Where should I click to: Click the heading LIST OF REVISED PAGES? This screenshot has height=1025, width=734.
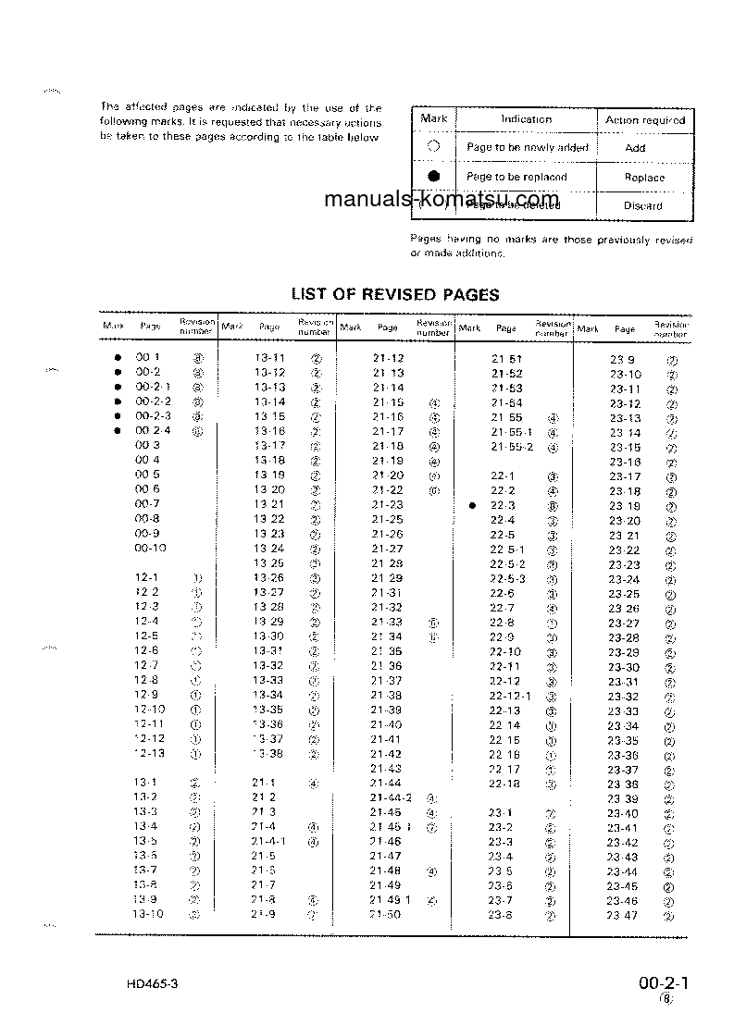pyautogui.click(x=395, y=295)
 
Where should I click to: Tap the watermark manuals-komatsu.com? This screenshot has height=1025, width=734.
pyautogui.click(x=442, y=199)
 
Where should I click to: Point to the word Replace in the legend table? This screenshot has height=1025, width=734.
pyautogui.click(x=644, y=178)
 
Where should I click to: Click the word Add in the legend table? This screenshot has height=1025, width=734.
pyautogui.click(x=635, y=148)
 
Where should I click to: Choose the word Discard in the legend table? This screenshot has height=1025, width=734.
pyautogui.click(x=642, y=206)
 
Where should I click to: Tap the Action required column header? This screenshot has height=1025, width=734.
pyautogui.click(x=645, y=120)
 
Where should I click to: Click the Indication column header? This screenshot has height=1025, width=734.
pyautogui.click(x=526, y=119)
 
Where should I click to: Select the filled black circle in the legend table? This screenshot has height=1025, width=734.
pyautogui.click(x=433, y=177)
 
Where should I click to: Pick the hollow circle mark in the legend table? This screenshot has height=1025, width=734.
pyautogui.click(x=433, y=147)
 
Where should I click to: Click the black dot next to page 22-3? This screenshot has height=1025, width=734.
pyautogui.click(x=472, y=506)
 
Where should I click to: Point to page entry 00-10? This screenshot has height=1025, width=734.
pyautogui.click(x=150, y=549)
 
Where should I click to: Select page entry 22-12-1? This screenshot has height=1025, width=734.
pyautogui.click(x=510, y=696)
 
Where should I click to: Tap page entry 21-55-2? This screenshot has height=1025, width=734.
pyautogui.click(x=512, y=447)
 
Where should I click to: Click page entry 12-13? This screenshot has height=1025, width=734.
pyautogui.click(x=148, y=753)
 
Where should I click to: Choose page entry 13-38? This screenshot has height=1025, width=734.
pyautogui.click(x=268, y=753)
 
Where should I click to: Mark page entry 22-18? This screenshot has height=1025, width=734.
pyautogui.click(x=504, y=784)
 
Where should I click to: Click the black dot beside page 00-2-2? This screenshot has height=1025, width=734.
pyautogui.click(x=118, y=401)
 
